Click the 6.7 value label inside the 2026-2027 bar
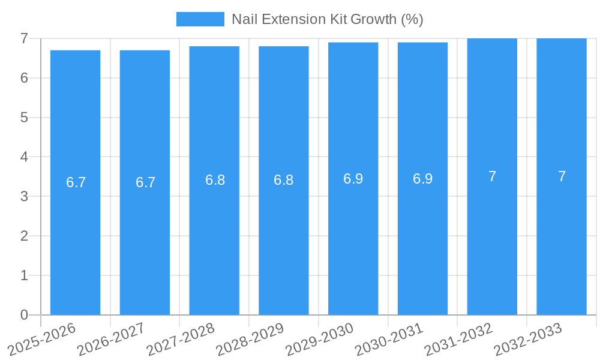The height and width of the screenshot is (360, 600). coord(145,182)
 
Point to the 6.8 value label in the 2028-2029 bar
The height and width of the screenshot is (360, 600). coord(283,180)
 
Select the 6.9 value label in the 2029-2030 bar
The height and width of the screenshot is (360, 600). coord(353,179)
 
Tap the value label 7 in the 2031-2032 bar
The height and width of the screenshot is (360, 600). coord(492,176)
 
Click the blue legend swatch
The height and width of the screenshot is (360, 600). coord(200,19)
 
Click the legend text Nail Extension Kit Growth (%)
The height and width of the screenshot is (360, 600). coord(327,19)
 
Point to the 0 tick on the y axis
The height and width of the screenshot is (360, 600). coord(24,315)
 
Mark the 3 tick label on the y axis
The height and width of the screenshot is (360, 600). coord(24,197)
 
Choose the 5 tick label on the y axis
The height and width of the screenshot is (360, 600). coord(24,118)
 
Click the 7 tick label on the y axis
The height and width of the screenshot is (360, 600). coord(24,38)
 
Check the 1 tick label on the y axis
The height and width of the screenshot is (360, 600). coord(24,276)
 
